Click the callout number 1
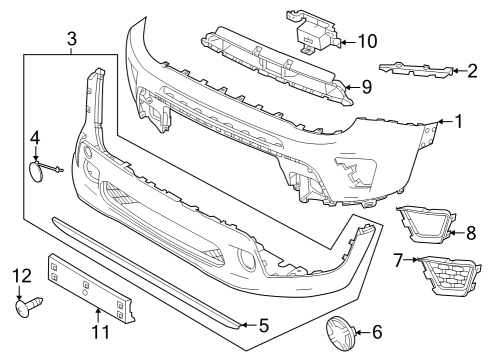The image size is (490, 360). (x=459, y=123)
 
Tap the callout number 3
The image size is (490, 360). (x=72, y=39)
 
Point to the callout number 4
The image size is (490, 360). (x=34, y=137)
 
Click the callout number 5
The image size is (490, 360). (x=264, y=324)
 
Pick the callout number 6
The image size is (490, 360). (x=376, y=331)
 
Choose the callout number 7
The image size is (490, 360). (x=398, y=261)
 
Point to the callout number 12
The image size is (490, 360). (x=22, y=275)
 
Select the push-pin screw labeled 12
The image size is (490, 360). (x=27, y=307)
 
